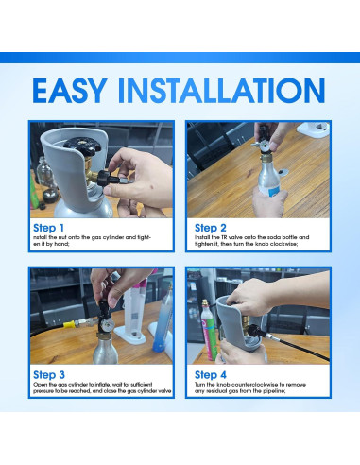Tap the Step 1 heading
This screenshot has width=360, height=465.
point(49,228)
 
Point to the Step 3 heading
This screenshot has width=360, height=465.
point(49,374)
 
